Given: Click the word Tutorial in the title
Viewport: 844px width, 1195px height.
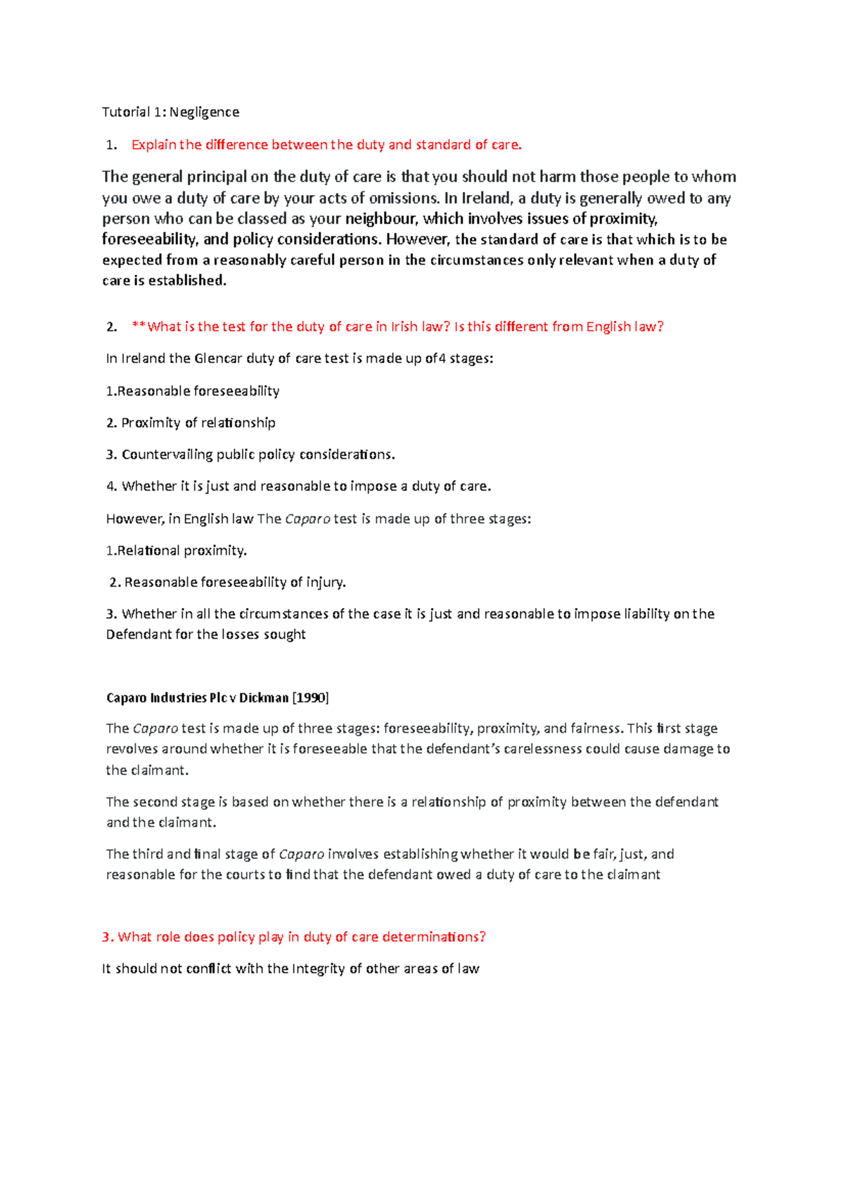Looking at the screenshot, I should tap(126, 112).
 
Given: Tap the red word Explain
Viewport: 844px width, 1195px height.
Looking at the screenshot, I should tap(153, 145).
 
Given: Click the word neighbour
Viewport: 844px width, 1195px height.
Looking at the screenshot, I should tap(381, 219).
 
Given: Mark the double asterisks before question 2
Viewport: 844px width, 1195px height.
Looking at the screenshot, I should tap(139, 327).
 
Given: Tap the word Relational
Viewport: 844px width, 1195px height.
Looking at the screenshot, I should tap(148, 550).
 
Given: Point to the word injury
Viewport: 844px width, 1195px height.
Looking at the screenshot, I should tap(326, 582).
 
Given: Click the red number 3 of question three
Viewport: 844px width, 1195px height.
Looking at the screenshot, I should tap(105, 937).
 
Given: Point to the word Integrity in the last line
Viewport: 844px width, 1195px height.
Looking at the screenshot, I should tap(319, 969).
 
